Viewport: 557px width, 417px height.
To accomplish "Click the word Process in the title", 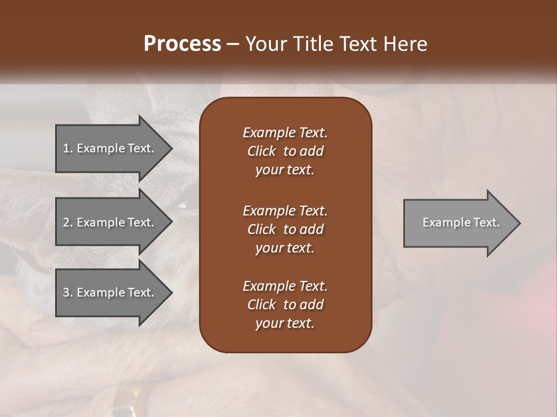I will click(182, 44).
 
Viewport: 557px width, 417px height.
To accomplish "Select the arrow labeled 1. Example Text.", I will click(110, 148).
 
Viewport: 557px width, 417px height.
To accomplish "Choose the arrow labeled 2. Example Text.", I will click(110, 222).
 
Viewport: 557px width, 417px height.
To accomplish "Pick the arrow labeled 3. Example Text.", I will click(110, 292).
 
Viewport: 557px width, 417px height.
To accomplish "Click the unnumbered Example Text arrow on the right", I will click(458, 223).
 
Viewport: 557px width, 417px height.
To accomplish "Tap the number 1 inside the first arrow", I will click(66, 148).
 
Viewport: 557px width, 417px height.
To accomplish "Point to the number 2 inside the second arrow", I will click(66, 222).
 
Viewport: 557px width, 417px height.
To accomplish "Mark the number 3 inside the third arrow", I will click(66, 292).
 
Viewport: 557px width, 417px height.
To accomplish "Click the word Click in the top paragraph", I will click(262, 151).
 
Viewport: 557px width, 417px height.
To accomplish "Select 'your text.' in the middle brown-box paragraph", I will click(285, 248).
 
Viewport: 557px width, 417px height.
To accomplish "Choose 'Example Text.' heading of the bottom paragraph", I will click(285, 286).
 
